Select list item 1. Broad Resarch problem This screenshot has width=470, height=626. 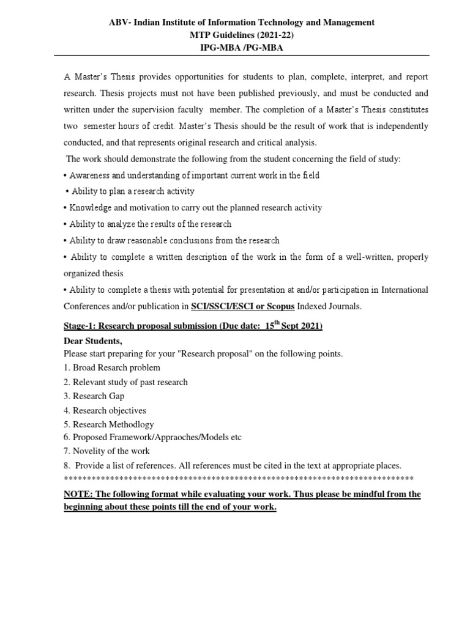pyautogui.click(x=112, y=367)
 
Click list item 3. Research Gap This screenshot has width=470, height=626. pyautogui.click(x=94, y=396)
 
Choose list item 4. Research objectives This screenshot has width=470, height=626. pyautogui.click(x=105, y=410)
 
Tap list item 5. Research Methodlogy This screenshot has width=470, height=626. pyautogui.click(x=109, y=424)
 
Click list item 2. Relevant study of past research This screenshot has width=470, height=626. pyautogui.click(x=125, y=382)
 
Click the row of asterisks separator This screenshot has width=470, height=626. pyautogui.click(x=239, y=478)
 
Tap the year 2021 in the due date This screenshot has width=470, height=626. pyautogui.click(x=310, y=326)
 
